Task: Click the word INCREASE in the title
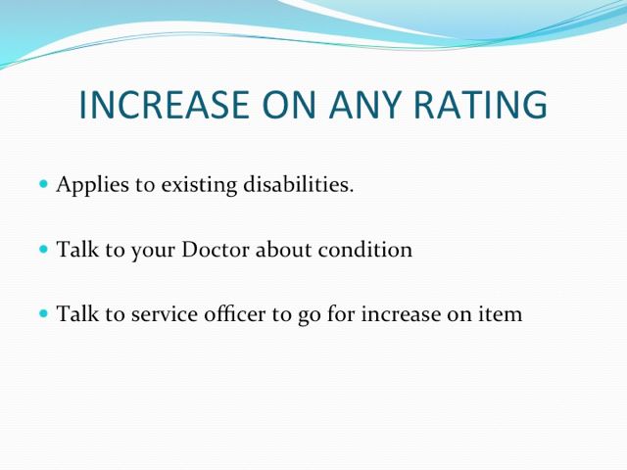tap(165, 105)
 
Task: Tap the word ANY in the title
tap(364, 105)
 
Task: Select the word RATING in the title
tap(480, 105)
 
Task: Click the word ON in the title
tap(289, 105)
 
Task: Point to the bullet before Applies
tap(43, 184)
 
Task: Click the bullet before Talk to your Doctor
tap(43, 250)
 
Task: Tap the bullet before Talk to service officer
tap(43, 313)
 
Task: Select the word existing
tap(199, 185)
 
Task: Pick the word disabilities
tap(299, 184)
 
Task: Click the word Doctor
tap(216, 250)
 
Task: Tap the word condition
tap(365, 250)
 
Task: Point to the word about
tap(283, 250)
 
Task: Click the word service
tap(165, 314)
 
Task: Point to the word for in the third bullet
tap(341, 313)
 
